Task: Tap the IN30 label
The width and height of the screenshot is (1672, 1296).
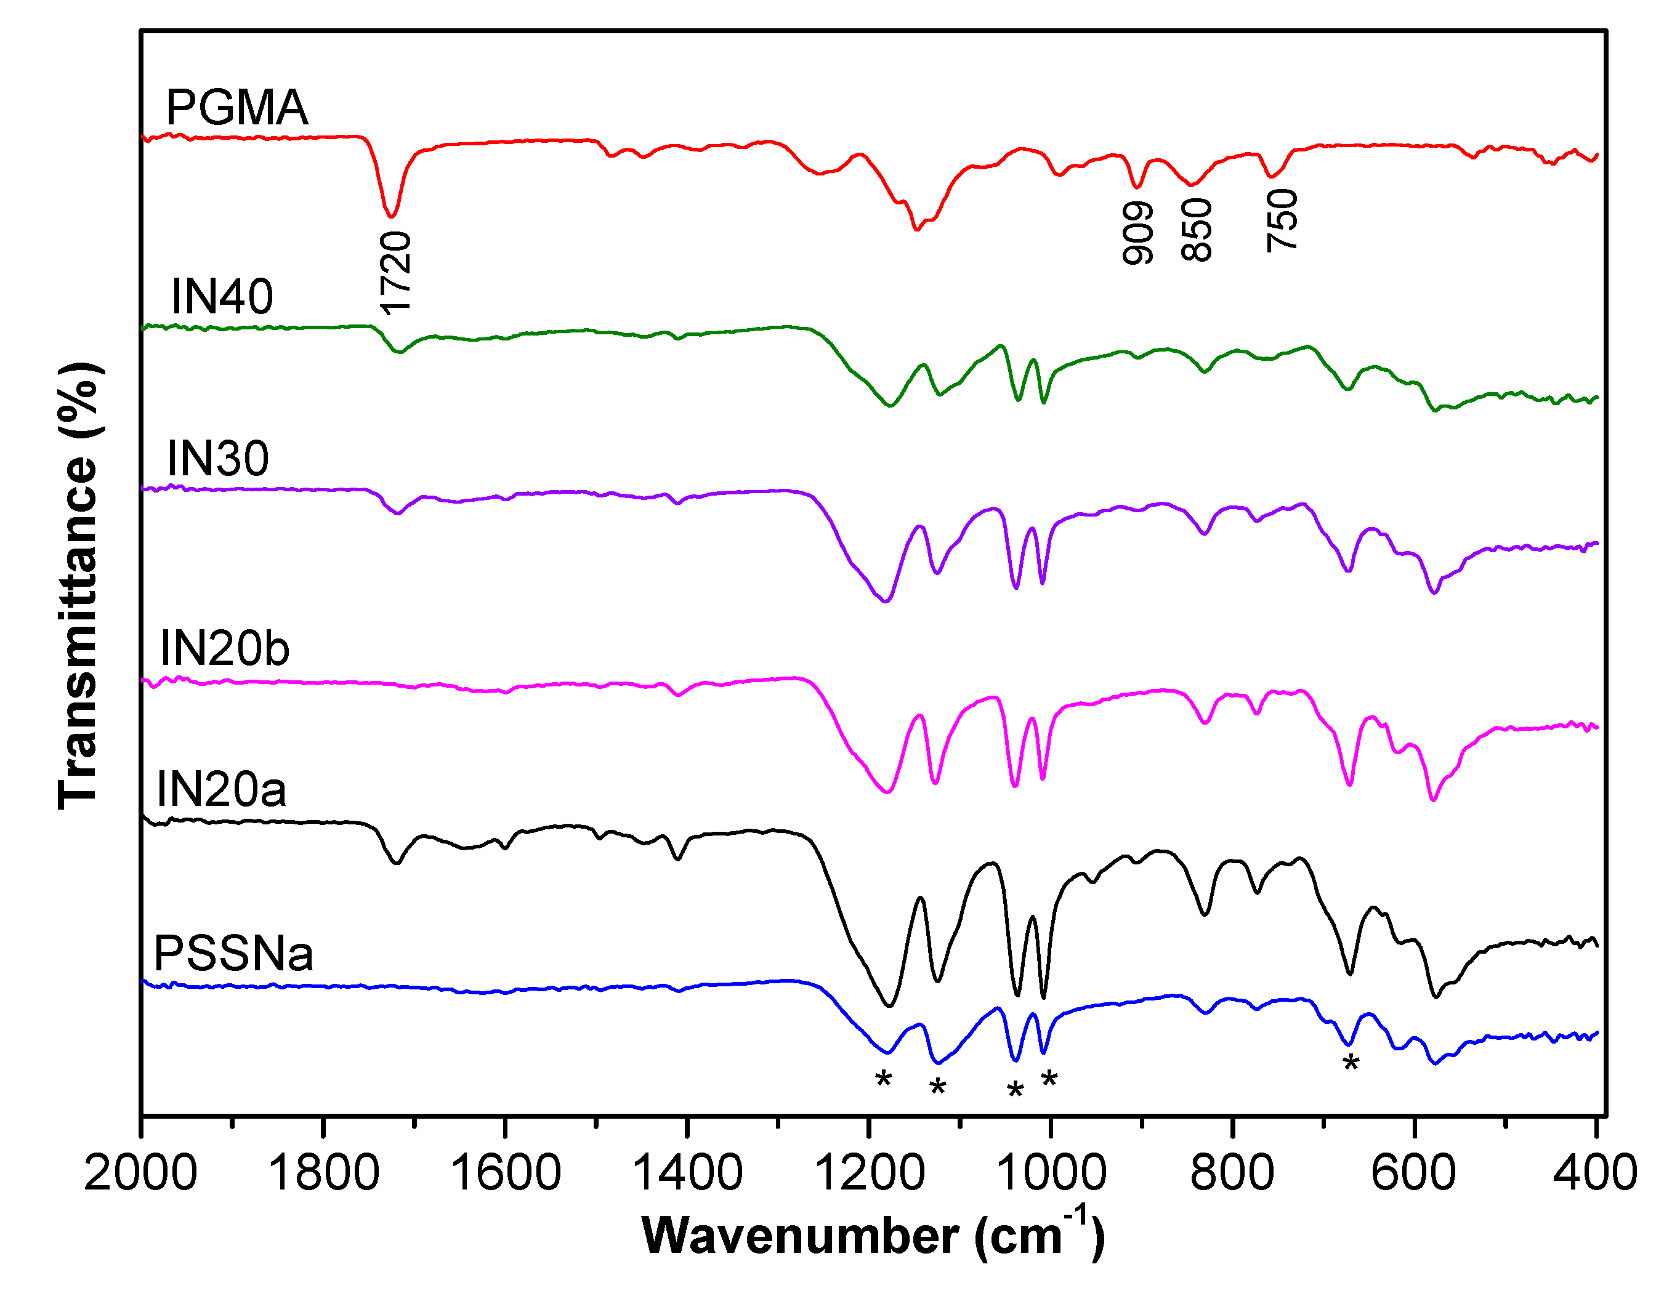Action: [218, 459]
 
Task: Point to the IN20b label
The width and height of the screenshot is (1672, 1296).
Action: [224, 648]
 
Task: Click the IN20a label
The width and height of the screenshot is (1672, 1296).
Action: [221, 789]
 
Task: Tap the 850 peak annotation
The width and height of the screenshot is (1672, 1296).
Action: [1197, 230]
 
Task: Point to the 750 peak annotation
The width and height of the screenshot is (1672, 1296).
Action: [1283, 220]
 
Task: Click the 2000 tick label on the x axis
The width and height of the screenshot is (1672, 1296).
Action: [141, 1173]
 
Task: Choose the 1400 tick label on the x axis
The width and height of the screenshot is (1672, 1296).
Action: [687, 1173]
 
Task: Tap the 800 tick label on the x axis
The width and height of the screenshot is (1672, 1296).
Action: [1232, 1173]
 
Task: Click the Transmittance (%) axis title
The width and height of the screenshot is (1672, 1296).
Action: [79, 586]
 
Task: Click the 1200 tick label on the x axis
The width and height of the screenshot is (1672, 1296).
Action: [870, 1173]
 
